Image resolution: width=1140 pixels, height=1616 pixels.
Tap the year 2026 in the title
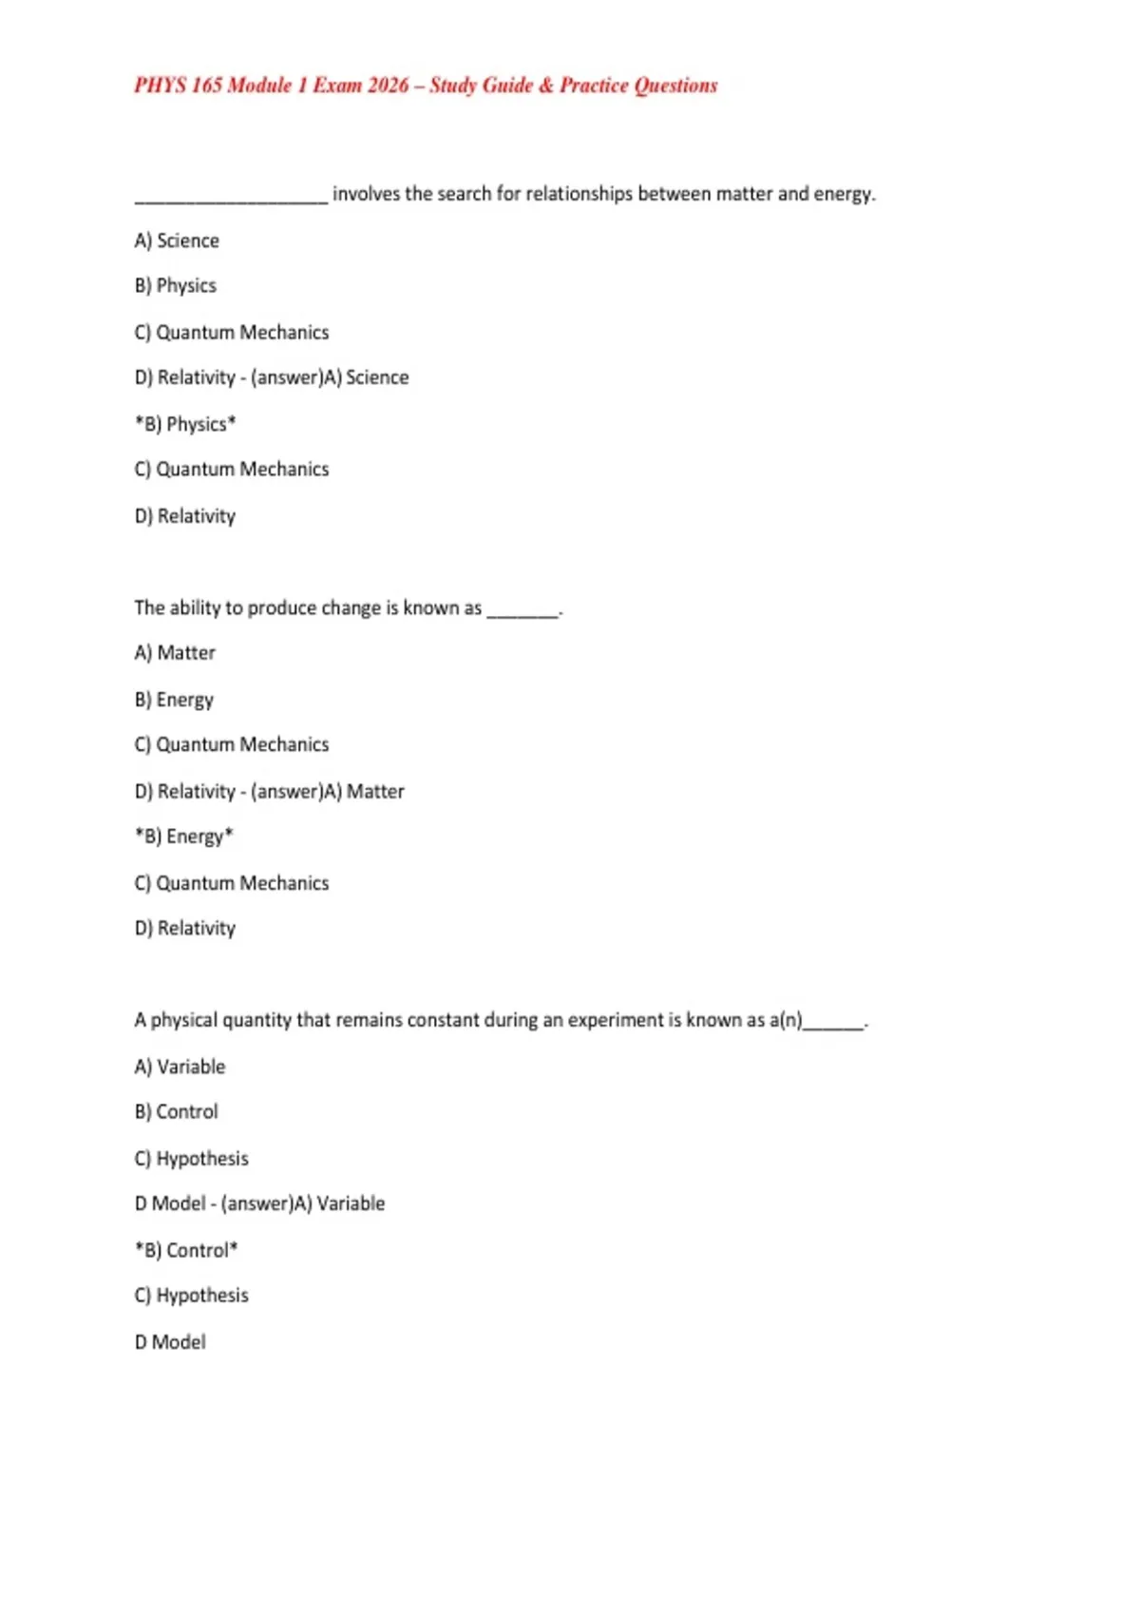[388, 86]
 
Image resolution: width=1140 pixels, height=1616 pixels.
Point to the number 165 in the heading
[206, 86]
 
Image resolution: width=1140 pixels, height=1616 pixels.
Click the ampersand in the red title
[545, 86]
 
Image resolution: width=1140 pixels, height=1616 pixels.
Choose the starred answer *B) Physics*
[185, 424]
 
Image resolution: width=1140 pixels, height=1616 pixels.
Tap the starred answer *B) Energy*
[184, 837]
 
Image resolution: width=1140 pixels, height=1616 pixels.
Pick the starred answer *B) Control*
[186, 1250]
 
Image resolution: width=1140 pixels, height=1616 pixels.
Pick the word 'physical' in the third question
[183, 1020]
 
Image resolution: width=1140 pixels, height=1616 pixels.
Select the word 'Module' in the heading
[259, 86]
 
